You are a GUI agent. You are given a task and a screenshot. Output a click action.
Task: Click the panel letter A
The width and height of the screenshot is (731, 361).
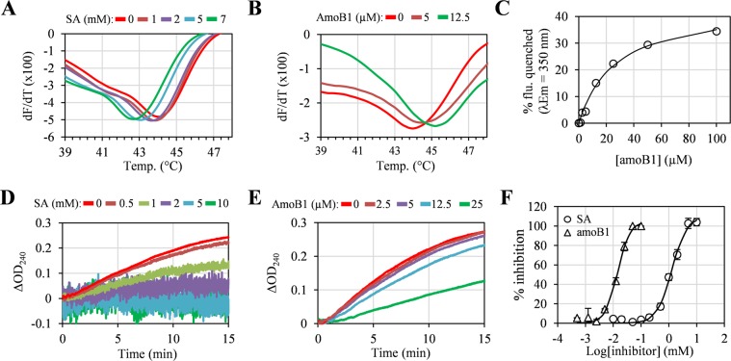point(9,10)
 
